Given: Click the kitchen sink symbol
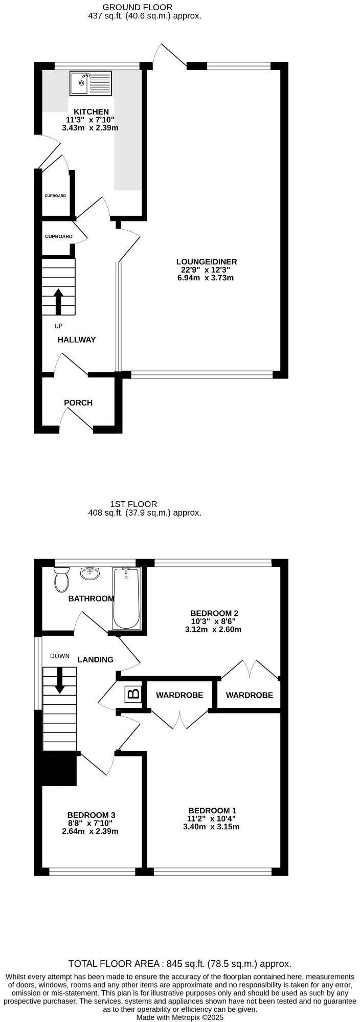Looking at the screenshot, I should [91, 83].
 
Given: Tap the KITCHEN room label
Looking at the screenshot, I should [91, 112].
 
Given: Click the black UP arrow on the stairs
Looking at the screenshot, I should [58, 301].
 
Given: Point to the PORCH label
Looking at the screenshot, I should [78, 403].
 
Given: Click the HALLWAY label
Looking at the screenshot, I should [76, 340].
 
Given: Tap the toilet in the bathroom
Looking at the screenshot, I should [61, 579].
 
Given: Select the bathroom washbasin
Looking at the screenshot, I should [90, 573].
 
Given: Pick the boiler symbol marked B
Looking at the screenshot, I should [133, 694].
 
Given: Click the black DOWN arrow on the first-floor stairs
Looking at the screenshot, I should [60, 680].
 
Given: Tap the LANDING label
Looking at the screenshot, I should [95, 659].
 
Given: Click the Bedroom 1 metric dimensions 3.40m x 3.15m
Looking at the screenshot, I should [211, 827].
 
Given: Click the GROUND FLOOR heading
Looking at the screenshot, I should [137, 7].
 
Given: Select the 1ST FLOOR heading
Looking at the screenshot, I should [133, 504].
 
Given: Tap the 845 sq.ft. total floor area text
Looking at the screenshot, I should [180, 964].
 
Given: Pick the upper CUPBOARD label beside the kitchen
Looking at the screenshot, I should [55, 196].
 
